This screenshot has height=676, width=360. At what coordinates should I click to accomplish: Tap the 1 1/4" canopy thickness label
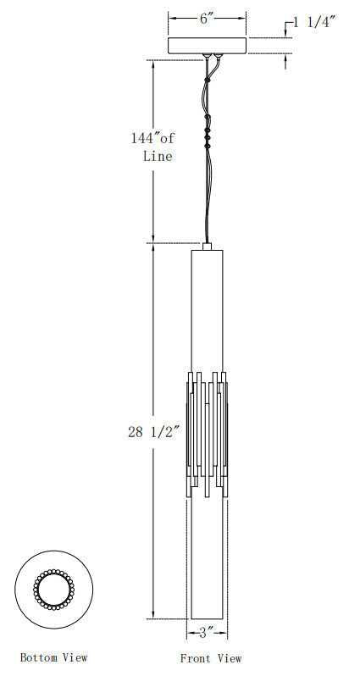(x=315, y=22)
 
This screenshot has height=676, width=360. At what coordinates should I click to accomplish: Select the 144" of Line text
(x=153, y=147)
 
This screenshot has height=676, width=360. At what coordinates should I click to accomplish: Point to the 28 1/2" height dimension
(x=153, y=432)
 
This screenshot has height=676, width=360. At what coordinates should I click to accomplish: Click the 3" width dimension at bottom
(x=207, y=633)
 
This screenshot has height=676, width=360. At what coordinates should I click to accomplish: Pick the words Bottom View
(x=53, y=657)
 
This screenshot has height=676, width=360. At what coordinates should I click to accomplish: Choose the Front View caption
(x=211, y=658)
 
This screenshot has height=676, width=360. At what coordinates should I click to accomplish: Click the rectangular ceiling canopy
(x=207, y=46)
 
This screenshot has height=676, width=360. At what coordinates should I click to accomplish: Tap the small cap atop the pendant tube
(x=207, y=247)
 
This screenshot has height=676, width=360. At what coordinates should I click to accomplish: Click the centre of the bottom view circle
(x=54, y=590)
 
